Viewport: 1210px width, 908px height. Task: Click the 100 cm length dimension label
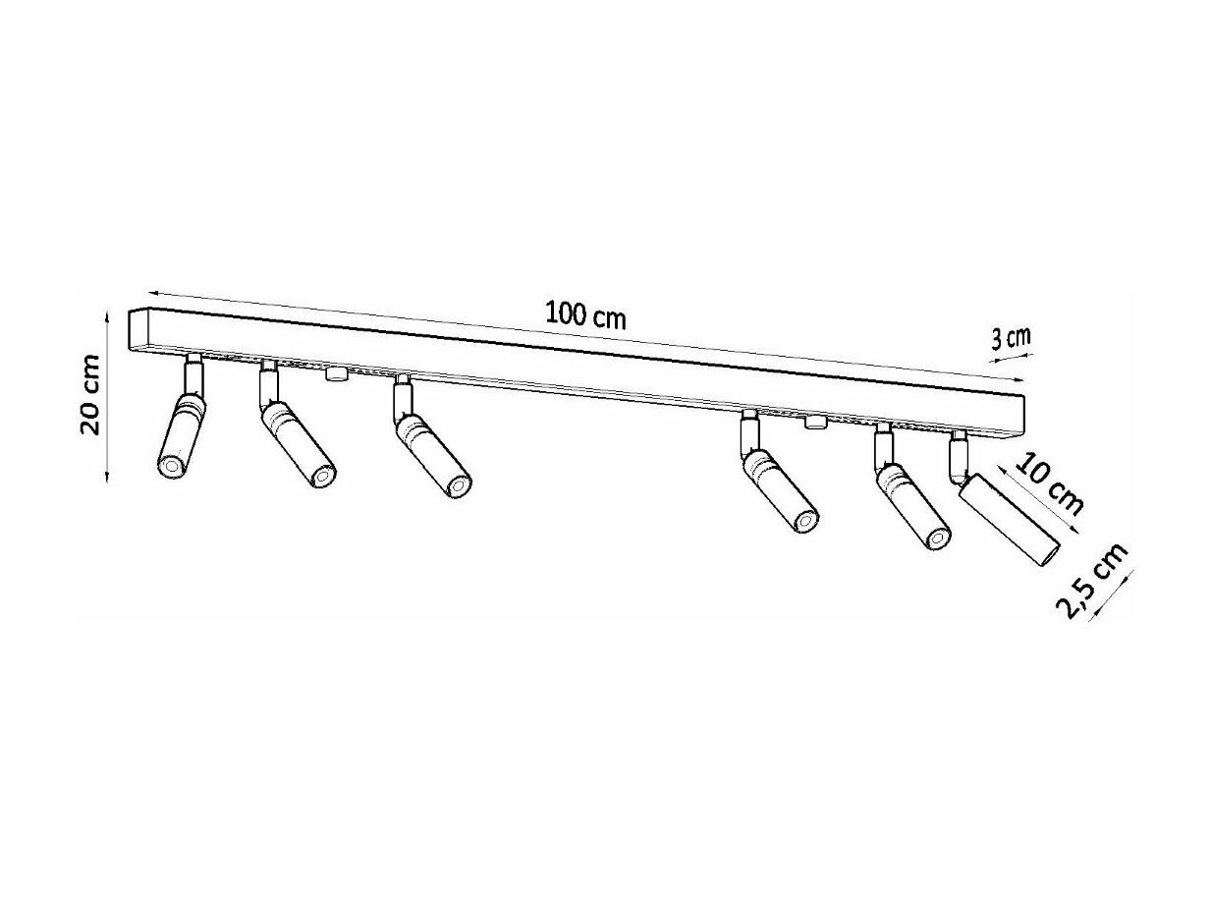585,317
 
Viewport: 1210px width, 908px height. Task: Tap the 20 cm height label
91,396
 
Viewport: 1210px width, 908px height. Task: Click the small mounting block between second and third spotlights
336,373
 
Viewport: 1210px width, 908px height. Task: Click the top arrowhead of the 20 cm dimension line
107,315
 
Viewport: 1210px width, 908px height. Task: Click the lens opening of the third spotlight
457,485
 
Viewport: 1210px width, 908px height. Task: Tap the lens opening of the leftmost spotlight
170,468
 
